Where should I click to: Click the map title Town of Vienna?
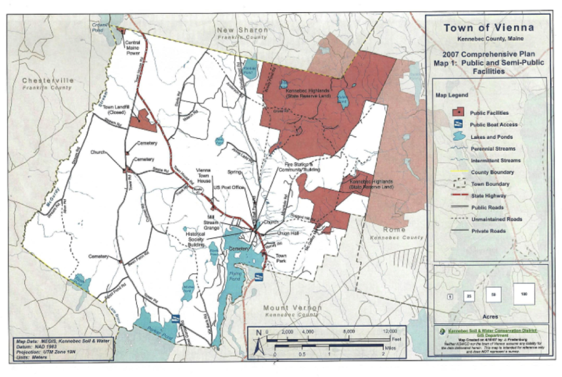point(488,29)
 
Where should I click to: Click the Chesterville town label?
point(48,80)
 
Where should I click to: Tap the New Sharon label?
point(242,30)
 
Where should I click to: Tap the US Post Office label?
point(229,188)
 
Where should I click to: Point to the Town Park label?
point(281,258)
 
